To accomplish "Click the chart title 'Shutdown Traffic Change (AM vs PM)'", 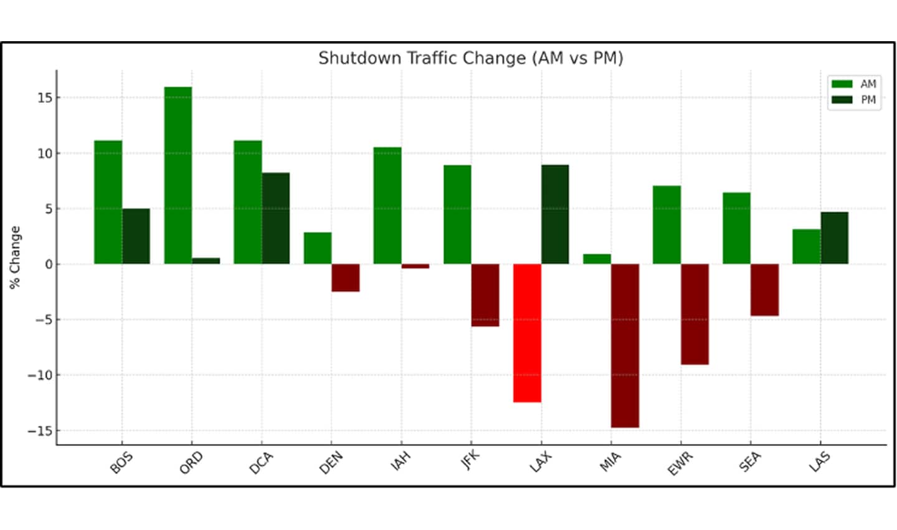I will (x=470, y=58).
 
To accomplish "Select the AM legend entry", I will (x=854, y=84).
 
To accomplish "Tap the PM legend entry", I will (x=854, y=100).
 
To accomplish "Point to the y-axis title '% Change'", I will (x=15, y=257).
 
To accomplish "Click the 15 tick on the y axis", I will (x=44, y=98).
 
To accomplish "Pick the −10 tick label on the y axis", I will (x=40, y=375).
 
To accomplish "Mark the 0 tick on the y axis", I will (x=49, y=264).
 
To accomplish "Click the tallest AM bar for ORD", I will (x=178, y=175).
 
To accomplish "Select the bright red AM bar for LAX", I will (x=527, y=333).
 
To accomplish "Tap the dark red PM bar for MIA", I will (x=625, y=345).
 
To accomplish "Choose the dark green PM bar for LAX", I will (x=555, y=214).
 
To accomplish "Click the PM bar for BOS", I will (x=136, y=236).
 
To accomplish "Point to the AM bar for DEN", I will (x=318, y=248).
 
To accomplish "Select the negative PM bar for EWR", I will (x=695, y=314).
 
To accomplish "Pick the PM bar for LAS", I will (x=834, y=238).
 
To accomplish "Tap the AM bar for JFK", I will (x=457, y=214).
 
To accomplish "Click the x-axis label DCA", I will (x=261, y=463).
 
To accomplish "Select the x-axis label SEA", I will (x=750, y=462).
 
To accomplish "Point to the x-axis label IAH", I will (x=401, y=461).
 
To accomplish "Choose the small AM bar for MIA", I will (x=597, y=259).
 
